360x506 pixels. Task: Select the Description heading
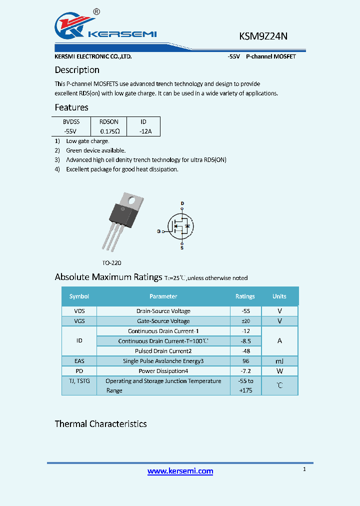tap(77, 70)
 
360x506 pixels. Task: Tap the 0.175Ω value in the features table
tap(109, 131)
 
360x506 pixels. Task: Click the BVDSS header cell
tap(71, 121)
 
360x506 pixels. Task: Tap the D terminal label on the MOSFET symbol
tap(182, 203)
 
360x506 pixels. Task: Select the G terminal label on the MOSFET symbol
tap(158, 231)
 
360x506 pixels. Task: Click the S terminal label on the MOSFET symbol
tap(182, 248)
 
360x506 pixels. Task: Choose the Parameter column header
tap(163, 296)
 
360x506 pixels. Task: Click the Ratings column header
tap(245, 296)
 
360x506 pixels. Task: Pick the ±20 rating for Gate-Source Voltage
tap(245, 321)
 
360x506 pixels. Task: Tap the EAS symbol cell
tap(79, 361)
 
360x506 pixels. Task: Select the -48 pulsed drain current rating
tap(245, 351)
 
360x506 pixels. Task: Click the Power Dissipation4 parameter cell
tap(163, 371)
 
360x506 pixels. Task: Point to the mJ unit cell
tap(279, 361)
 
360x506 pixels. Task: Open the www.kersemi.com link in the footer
tap(180, 471)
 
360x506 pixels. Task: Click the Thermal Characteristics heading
tap(100, 424)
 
